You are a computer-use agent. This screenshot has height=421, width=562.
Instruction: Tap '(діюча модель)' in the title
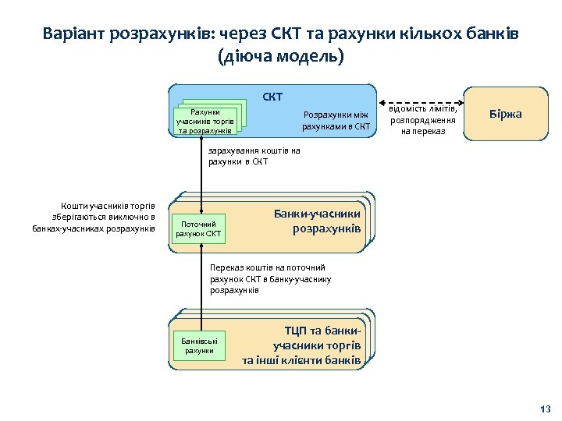281,58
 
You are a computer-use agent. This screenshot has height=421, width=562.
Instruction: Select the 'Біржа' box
505,115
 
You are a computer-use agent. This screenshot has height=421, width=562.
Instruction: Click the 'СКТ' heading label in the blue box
272,97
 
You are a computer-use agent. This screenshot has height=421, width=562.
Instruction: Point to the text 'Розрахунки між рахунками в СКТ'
336,120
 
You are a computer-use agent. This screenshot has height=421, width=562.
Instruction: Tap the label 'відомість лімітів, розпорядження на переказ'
423,120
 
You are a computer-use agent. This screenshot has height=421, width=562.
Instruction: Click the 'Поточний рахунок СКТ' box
198,228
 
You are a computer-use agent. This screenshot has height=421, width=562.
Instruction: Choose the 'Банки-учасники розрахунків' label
318,221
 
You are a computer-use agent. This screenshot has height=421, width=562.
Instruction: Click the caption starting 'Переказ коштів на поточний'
270,278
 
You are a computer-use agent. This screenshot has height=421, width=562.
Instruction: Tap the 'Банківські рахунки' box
198,345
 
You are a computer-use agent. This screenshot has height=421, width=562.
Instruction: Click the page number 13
545,409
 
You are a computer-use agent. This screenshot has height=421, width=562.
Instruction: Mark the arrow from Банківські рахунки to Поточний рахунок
201,281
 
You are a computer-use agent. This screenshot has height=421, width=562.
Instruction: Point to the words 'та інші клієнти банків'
301,360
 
